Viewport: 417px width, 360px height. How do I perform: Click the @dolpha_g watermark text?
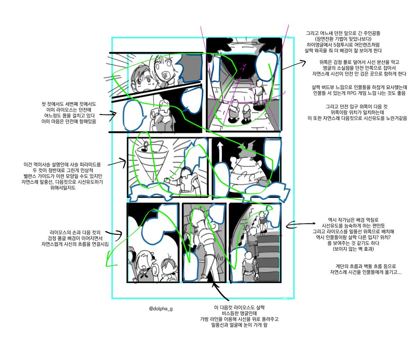(160, 308)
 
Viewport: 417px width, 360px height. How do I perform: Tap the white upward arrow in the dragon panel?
(219, 151)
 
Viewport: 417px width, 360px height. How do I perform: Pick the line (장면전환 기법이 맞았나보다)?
(338, 39)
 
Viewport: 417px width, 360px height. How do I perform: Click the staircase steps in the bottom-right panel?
(268, 250)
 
